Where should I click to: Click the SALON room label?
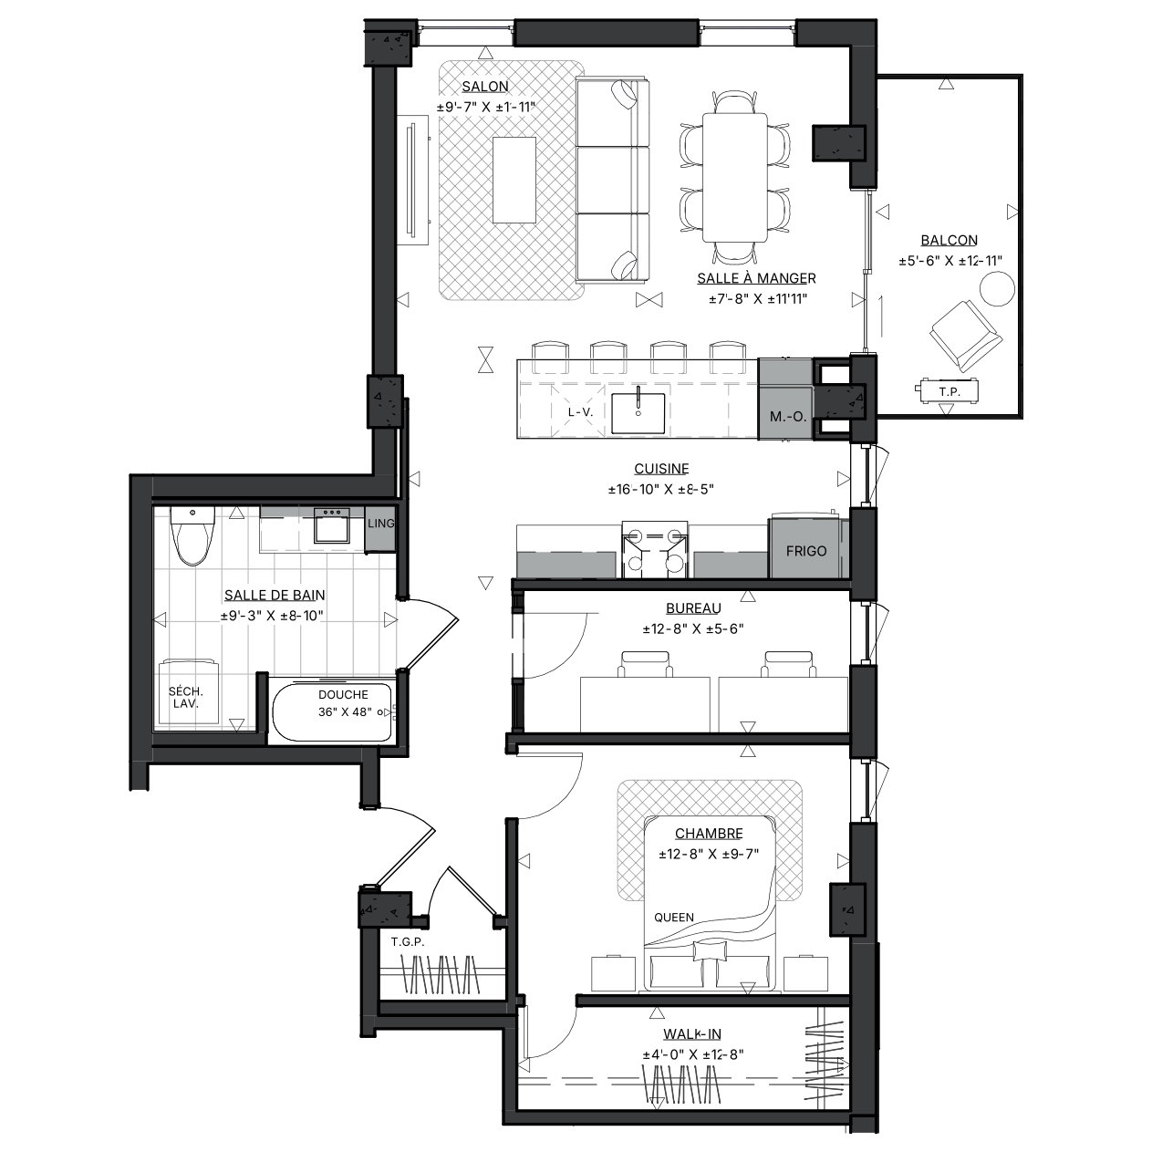[485, 87]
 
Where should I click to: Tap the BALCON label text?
[949, 240]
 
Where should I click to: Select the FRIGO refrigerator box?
[805, 547]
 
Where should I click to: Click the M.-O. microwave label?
[787, 417]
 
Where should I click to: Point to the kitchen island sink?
[638, 412]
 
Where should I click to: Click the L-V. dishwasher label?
[580, 412]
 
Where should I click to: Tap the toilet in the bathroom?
[192, 535]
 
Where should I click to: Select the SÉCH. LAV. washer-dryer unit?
[188, 694]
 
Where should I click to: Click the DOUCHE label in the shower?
[343, 695]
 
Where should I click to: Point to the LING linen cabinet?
[380, 528]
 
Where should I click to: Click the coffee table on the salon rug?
[514, 180]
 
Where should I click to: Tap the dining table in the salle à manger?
[735, 178]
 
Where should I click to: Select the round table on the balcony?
[997, 289]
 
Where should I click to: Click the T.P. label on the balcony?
[949, 392]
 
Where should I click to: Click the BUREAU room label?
[693, 608]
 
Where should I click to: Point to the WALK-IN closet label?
[691, 1034]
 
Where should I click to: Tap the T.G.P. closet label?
[407, 942]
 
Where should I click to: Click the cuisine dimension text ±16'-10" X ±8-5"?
[661, 490]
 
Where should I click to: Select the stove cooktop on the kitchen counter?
[655, 549]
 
